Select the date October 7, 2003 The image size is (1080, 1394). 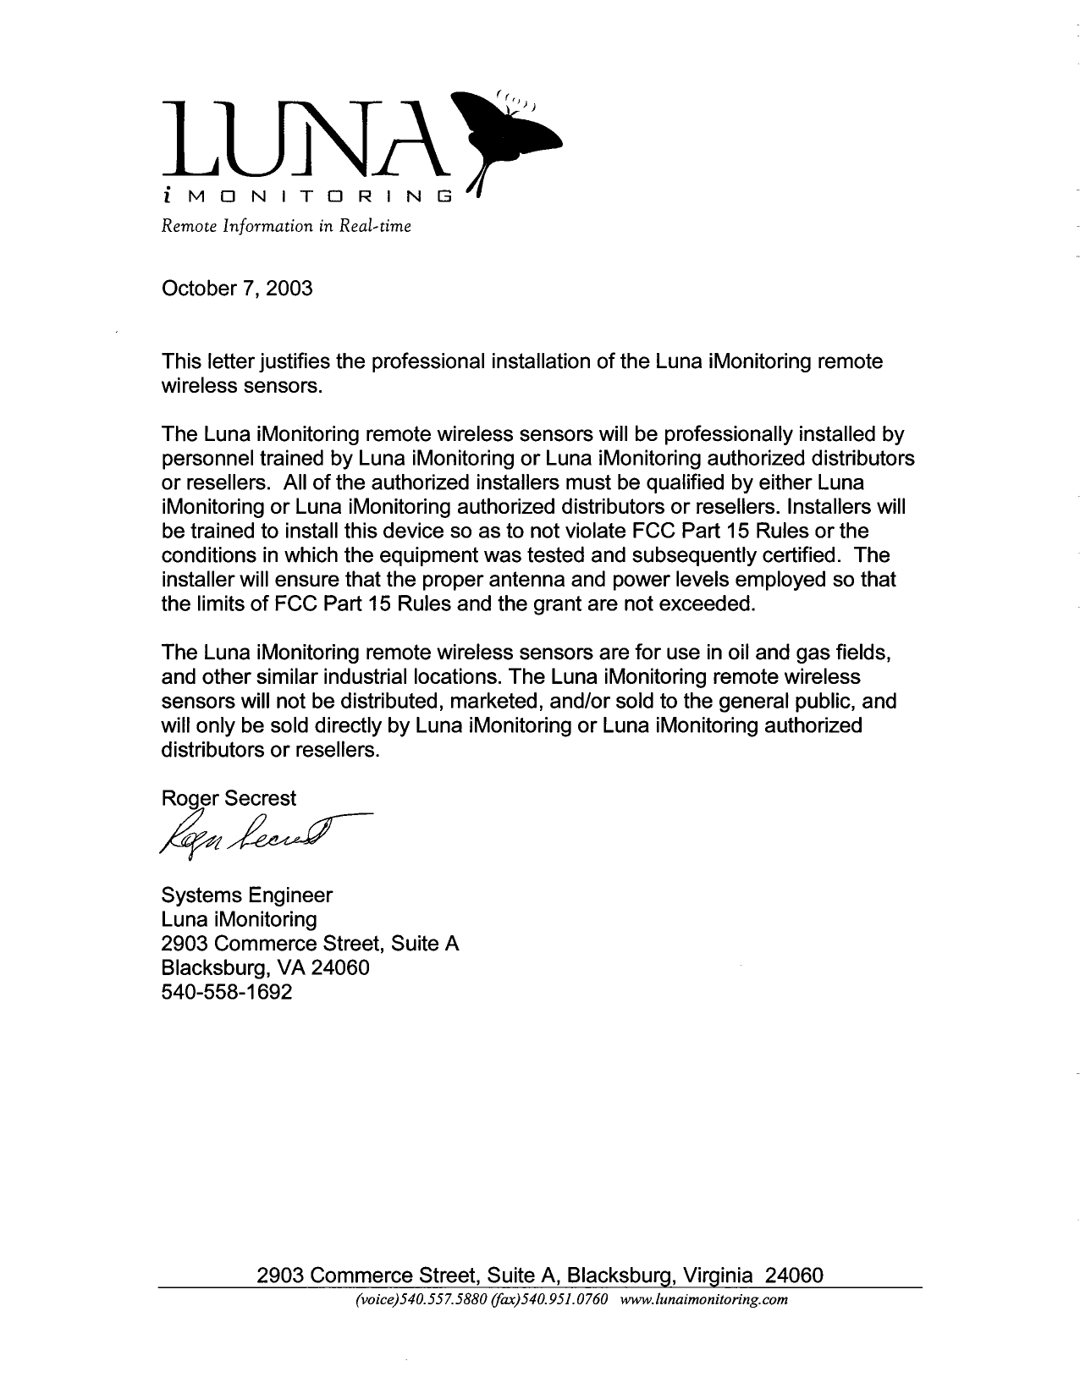click(x=236, y=289)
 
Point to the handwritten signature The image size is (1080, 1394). click(x=254, y=835)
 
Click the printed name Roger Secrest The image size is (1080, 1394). click(x=229, y=798)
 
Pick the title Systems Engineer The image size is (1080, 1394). click(x=246, y=895)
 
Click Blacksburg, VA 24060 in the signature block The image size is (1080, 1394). click(x=265, y=967)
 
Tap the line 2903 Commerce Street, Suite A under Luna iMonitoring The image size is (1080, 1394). click(x=310, y=944)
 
